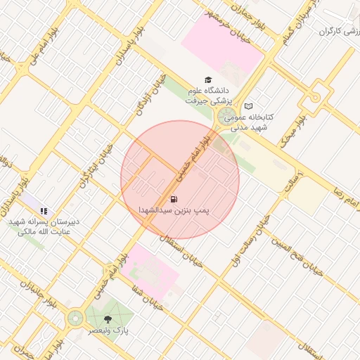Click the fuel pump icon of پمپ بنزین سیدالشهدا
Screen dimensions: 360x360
pyautogui.click(x=174, y=200)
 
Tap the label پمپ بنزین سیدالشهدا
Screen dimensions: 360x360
pyautogui.click(x=174, y=210)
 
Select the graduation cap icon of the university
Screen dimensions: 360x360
pyautogui.click(x=207, y=80)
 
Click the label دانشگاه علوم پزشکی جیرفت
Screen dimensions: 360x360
pyautogui.click(x=207, y=96)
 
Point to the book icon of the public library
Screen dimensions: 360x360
pyautogui.click(x=248, y=106)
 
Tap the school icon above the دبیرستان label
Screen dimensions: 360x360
pyautogui.click(x=44, y=210)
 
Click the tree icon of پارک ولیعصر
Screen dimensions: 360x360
pyautogui.click(x=107, y=319)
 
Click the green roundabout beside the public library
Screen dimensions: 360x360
pyautogui.click(x=226, y=116)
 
